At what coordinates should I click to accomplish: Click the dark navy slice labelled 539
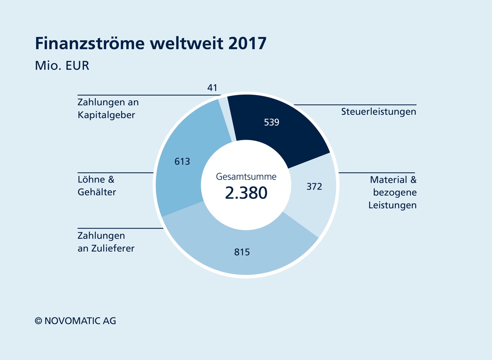(283, 131)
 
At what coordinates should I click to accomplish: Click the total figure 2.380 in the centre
(246, 192)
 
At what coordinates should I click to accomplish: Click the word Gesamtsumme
(246, 177)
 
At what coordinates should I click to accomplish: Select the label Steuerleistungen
(378, 112)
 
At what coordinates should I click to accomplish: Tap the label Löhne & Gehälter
(97, 186)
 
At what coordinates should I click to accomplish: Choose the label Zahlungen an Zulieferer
(106, 242)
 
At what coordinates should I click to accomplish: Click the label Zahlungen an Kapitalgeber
(108, 108)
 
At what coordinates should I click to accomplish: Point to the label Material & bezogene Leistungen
(392, 192)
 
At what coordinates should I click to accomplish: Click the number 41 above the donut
(212, 87)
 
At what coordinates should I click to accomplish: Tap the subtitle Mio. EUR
(62, 65)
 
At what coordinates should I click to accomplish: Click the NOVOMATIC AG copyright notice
(75, 321)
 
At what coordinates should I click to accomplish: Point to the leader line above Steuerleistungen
(355, 105)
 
